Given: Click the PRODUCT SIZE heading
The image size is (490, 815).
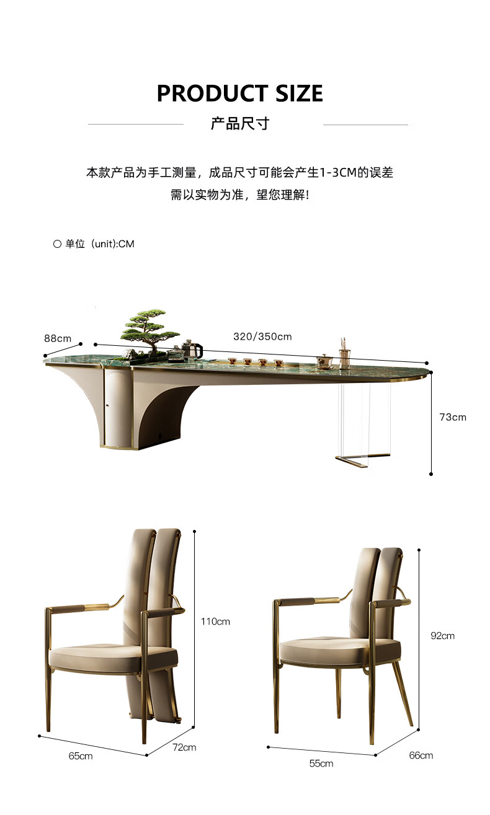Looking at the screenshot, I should tap(239, 93).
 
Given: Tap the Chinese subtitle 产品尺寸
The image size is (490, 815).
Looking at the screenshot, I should tap(239, 123).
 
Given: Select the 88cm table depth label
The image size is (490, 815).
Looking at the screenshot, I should tap(58, 338).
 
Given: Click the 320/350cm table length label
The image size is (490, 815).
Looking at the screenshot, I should tap(262, 337).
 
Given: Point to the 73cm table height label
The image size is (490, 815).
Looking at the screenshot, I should tap(453, 417).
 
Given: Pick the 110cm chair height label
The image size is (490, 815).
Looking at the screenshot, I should tap(215, 621).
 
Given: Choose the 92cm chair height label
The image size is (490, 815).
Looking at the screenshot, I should tap(442, 635).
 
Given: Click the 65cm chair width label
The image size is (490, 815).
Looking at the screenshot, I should tap(81, 756).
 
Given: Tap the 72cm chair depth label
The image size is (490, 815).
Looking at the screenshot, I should tap(184, 747).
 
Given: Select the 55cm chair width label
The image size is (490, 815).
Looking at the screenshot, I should tap(321, 764).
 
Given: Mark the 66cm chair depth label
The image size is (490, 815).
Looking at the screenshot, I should tap(421, 755).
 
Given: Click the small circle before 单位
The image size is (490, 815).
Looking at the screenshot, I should tap(57, 244).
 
